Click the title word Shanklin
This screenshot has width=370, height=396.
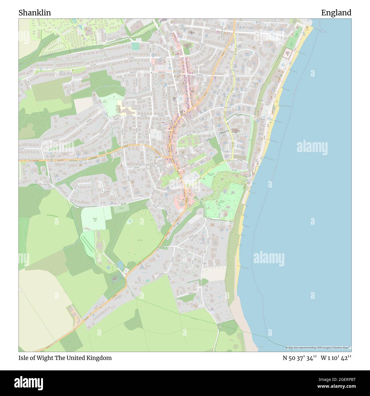coord(35,13)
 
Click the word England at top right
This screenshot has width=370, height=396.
coord(336,13)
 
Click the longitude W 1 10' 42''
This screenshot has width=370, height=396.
coord(336,358)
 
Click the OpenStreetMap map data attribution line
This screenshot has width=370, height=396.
coord(318,348)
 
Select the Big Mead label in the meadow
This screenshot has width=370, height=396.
coord(140,240)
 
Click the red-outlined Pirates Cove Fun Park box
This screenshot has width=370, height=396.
coord(287,54)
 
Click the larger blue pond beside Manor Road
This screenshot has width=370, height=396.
coord(120,264)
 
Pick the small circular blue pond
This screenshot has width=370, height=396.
coord(108,268)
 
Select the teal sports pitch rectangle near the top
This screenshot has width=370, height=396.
coord(136,46)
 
